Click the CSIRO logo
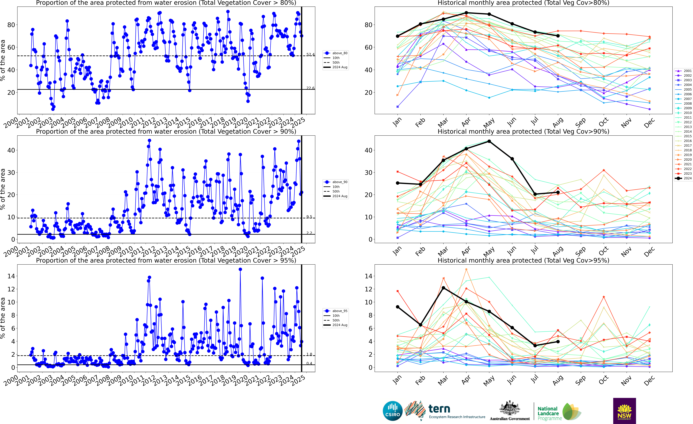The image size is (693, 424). pos(393,411)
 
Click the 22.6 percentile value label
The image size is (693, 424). pos(310,88)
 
